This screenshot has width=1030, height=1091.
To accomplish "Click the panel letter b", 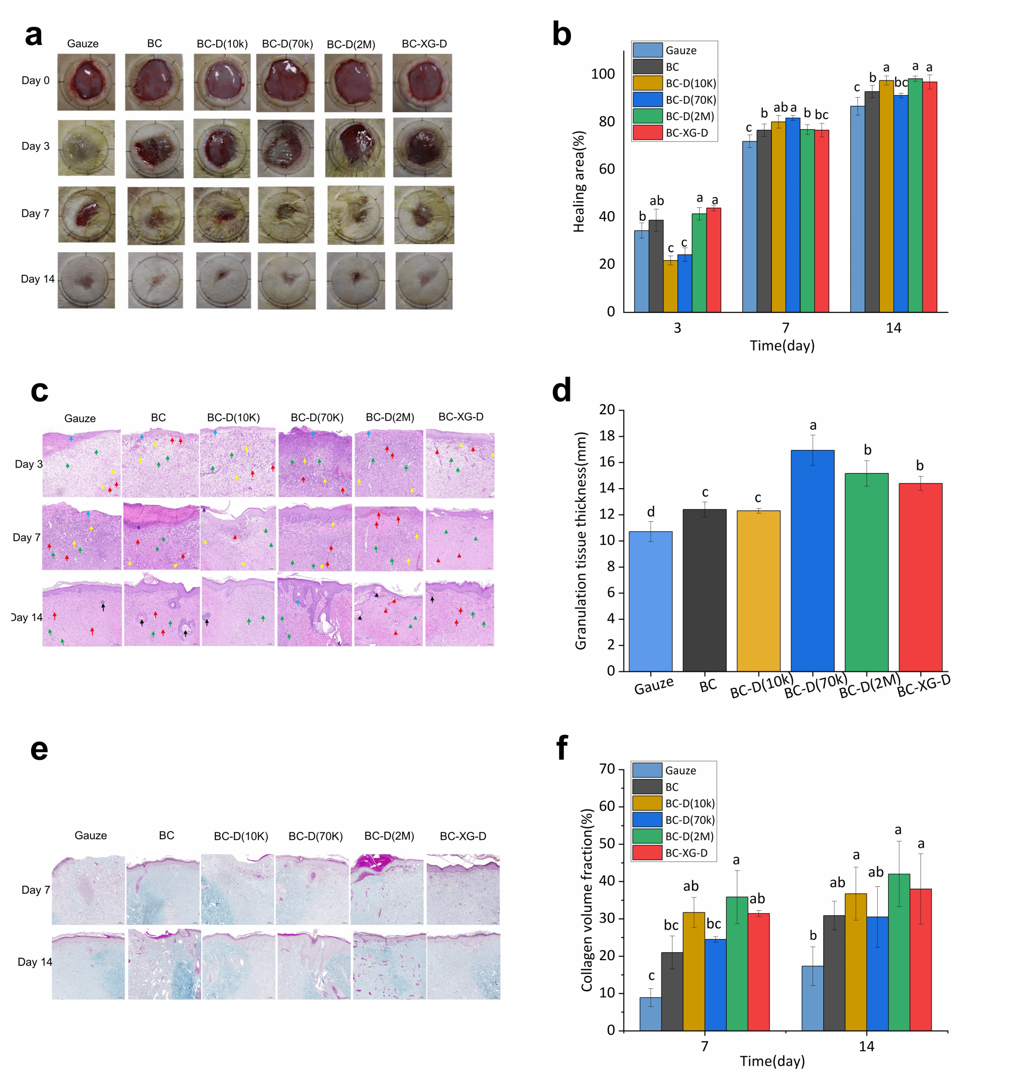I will pyautogui.click(x=561, y=34).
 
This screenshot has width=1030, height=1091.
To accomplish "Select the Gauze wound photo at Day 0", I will pyautogui.click(x=86, y=82).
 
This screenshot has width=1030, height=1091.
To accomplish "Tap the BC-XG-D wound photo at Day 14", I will pyautogui.click(x=424, y=281).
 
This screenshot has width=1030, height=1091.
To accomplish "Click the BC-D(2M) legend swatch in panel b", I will pyautogui.click(x=647, y=116).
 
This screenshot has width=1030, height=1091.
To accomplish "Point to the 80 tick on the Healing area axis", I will pyautogui.click(x=607, y=121).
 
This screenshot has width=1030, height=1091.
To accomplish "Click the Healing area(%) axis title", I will pyautogui.click(x=579, y=181).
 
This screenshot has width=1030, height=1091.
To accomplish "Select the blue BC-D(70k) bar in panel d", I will pyautogui.click(x=812, y=560).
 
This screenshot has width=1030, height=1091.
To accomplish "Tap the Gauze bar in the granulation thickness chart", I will pyautogui.click(x=650, y=601).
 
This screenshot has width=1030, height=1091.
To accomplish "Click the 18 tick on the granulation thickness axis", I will pyautogui.click(x=607, y=436).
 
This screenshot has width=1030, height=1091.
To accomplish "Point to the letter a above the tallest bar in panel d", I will pyautogui.click(x=813, y=425).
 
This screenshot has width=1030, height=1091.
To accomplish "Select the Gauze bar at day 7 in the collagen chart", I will pyautogui.click(x=650, y=1014).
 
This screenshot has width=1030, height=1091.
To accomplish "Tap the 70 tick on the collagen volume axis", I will pyautogui.click(x=607, y=769).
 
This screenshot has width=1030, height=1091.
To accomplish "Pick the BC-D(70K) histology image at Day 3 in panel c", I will pyautogui.click(x=315, y=464).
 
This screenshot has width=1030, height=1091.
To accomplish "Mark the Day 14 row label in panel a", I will pyautogui.click(x=37, y=279).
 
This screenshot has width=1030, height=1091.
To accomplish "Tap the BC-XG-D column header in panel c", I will pyautogui.click(x=461, y=417).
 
